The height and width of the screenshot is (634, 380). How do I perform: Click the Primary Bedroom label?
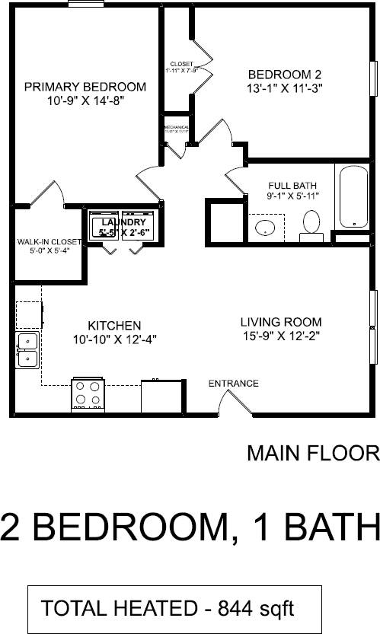click(x=85, y=86)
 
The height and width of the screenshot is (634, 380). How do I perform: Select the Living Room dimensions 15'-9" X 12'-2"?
click(x=281, y=335)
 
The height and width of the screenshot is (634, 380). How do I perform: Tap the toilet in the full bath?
click(x=311, y=224)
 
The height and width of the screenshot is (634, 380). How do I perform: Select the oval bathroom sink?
click(x=265, y=228)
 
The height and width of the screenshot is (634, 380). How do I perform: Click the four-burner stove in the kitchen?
click(x=87, y=394)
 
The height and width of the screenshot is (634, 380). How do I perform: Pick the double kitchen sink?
click(x=27, y=349)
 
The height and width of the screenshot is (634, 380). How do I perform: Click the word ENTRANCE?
click(x=233, y=384)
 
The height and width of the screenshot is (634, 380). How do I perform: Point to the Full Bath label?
click(x=292, y=186)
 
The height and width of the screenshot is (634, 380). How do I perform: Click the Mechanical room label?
click(x=176, y=126)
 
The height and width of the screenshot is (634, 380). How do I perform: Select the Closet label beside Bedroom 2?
click(x=182, y=64)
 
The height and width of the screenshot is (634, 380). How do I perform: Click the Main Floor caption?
click(x=312, y=454)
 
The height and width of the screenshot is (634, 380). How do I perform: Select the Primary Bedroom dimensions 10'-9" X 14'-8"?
click(x=85, y=100)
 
